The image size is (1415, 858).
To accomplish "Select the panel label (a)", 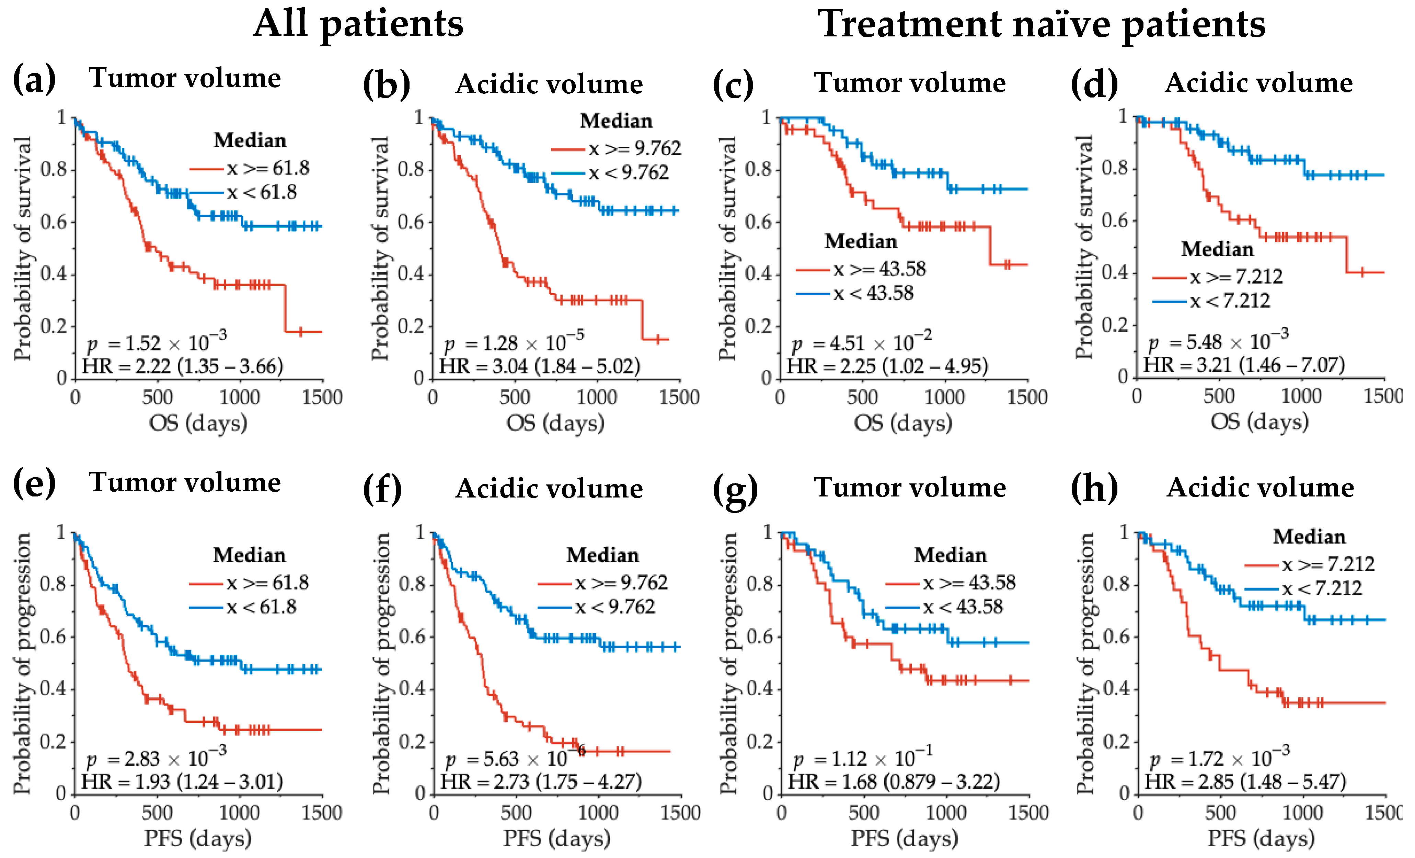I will (x=34, y=79).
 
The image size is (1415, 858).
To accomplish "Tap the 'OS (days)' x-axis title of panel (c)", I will (x=903, y=424).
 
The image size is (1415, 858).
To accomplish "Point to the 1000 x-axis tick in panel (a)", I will (x=240, y=398).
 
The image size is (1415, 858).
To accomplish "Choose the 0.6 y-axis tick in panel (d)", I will (x=1115, y=220).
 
